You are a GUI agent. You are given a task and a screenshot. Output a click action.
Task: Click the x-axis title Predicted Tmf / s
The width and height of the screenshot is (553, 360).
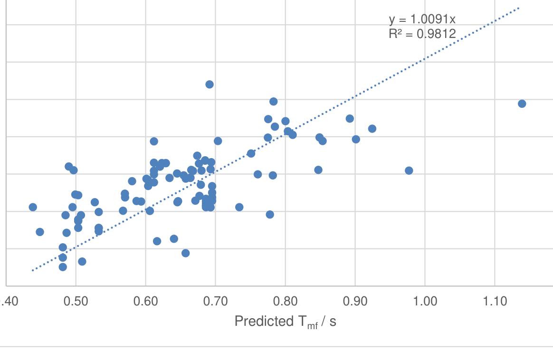(286, 322)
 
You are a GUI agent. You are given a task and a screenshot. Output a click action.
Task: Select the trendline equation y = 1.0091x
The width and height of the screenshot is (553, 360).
(422, 19)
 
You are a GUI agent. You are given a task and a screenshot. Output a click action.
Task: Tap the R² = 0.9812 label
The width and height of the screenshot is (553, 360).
(422, 34)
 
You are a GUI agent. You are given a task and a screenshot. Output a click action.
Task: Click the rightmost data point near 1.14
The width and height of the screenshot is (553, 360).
(522, 104)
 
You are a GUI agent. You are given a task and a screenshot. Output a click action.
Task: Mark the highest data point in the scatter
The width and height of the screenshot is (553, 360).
(210, 85)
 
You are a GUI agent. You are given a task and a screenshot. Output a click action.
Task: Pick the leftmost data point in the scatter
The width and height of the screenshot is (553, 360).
(33, 207)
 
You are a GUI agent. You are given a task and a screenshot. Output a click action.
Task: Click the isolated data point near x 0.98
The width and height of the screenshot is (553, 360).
(409, 171)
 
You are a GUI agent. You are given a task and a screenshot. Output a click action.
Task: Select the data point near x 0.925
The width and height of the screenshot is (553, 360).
(372, 129)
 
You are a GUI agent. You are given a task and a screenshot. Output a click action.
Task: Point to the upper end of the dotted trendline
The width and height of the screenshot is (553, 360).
(519, 8)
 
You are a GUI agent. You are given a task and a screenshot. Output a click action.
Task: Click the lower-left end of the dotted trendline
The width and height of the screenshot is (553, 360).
(32, 270)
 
